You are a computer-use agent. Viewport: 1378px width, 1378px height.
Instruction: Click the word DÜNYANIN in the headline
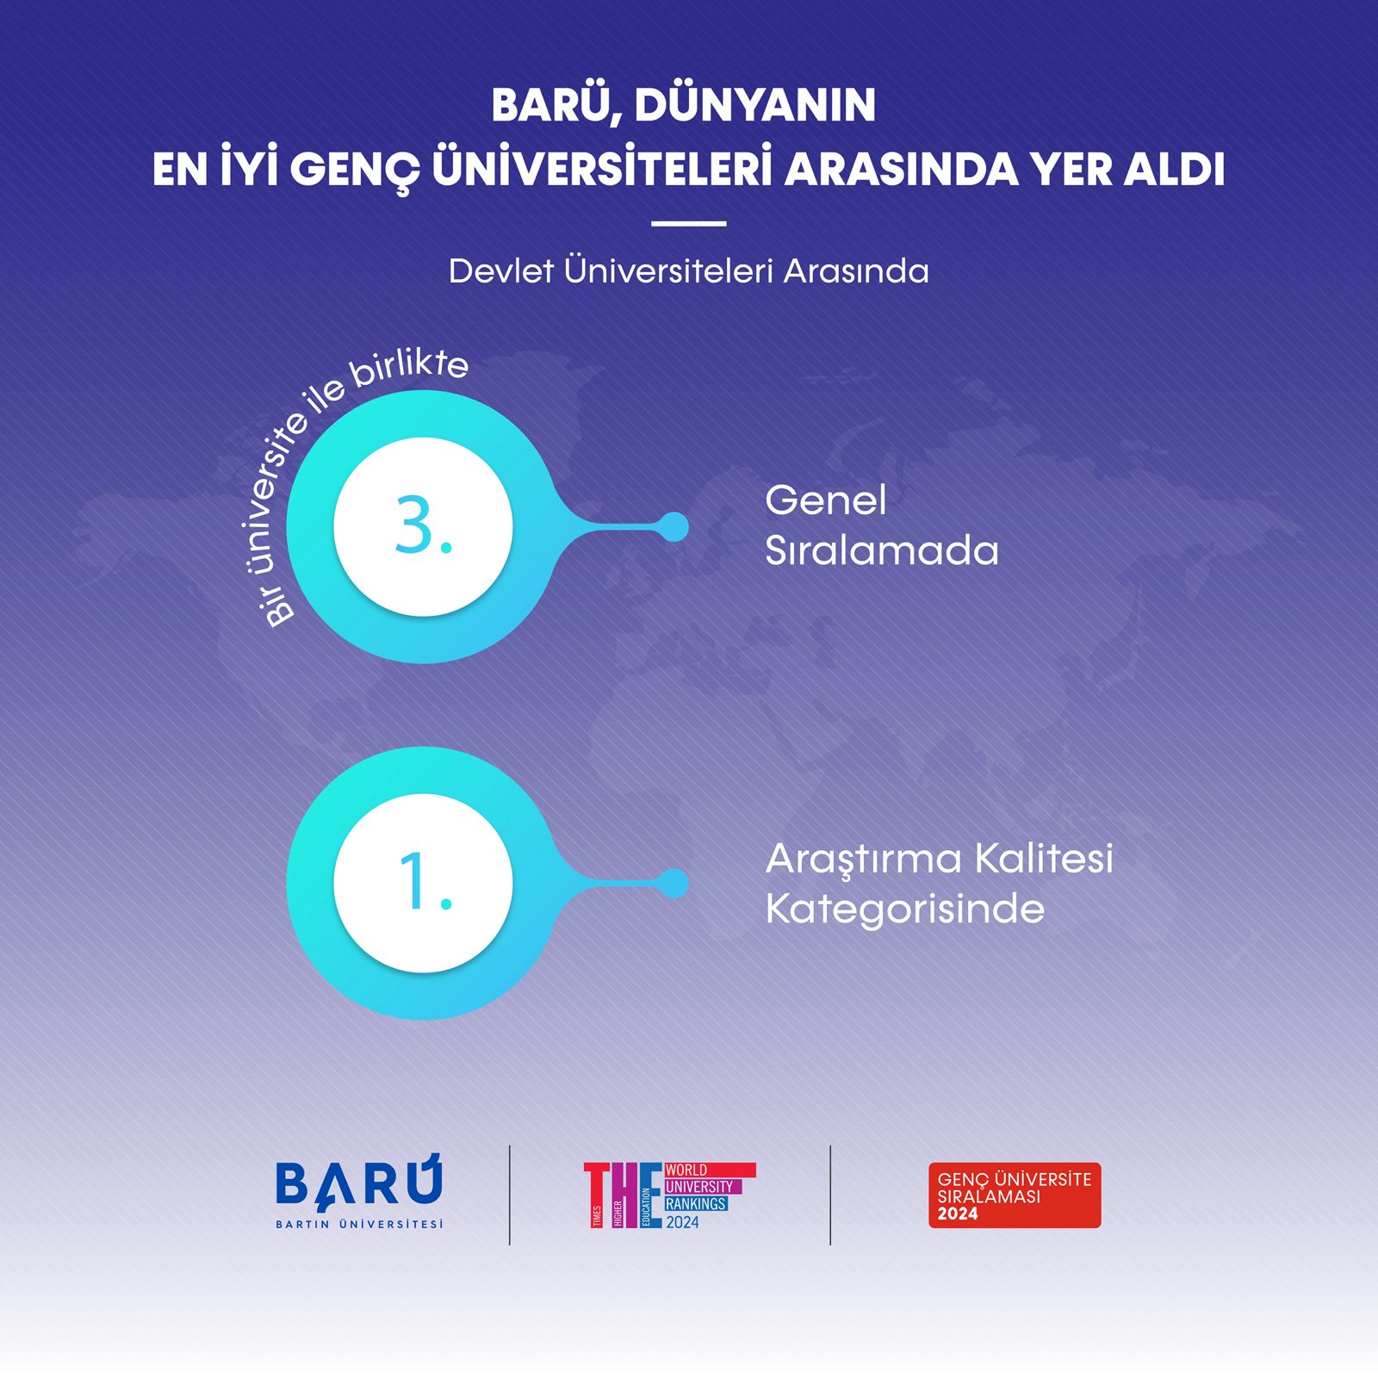coord(754,105)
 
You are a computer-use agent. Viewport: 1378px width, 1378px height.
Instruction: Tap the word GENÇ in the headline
coord(354,170)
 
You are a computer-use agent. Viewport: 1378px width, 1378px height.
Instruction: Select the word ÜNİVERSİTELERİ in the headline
coord(600,170)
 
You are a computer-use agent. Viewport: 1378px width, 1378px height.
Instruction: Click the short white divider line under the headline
coord(688,224)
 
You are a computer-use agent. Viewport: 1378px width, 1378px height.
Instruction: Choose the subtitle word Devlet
coord(500,271)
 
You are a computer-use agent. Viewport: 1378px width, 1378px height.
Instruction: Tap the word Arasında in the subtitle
coord(856,271)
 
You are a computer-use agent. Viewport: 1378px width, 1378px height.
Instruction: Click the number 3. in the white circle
coord(423,526)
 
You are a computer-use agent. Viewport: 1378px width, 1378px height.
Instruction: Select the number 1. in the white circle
coord(424,882)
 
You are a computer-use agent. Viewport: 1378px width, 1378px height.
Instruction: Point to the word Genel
coord(825,500)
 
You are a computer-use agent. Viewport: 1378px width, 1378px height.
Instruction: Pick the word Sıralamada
coord(881,551)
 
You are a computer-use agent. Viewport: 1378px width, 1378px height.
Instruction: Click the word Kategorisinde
coord(904,909)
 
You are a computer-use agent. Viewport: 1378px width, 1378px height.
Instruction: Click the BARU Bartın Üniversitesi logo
coord(359,1192)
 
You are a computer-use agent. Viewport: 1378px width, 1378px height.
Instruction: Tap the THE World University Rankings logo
coord(669,1195)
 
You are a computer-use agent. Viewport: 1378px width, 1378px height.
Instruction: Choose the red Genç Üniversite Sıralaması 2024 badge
coord(1014,1195)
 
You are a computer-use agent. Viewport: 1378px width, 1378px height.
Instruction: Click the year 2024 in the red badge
coord(958,1214)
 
